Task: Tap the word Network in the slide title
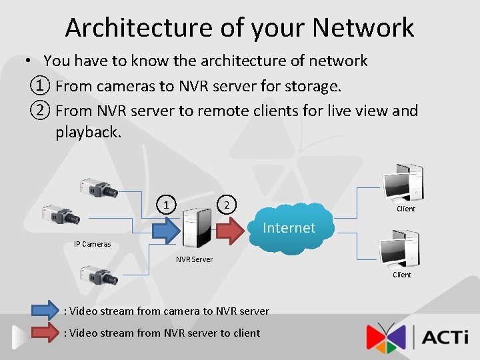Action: [x=363, y=27]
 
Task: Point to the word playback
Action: [x=88, y=132]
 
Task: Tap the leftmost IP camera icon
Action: [x=61, y=215]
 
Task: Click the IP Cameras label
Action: [x=93, y=244]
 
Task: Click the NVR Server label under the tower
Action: [x=194, y=259]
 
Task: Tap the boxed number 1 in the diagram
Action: [x=167, y=203]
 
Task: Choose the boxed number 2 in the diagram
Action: [x=227, y=203]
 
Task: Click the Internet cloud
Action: [x=289, y=227]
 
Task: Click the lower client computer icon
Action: [x=399, y=247]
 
